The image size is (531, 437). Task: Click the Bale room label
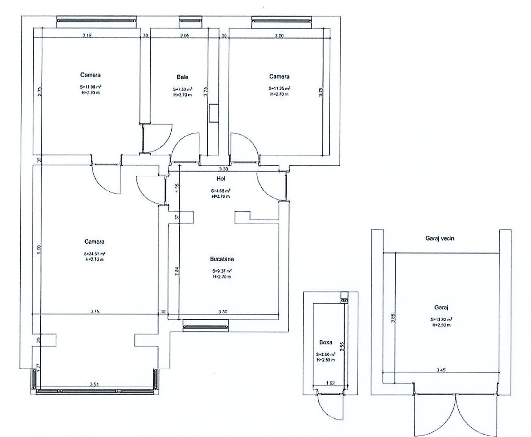click(183, 77)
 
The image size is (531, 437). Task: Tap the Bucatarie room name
click(222, 259)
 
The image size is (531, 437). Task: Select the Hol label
click(221, 178)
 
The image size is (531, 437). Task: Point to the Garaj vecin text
click(437, 238)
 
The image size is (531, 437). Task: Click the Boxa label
click(326, 342)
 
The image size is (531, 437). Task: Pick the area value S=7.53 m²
click(183, 89)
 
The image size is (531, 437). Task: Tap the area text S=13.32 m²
click(442, 319)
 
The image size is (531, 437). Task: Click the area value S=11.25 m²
click(279, 89)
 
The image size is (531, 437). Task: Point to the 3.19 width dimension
click(87, 36)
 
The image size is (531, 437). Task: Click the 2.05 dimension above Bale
click(185, 36)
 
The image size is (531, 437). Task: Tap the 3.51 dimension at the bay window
click(95, 384)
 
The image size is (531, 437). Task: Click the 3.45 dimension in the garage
click(441, 370)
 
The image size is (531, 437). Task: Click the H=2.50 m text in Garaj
click(442, 325)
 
